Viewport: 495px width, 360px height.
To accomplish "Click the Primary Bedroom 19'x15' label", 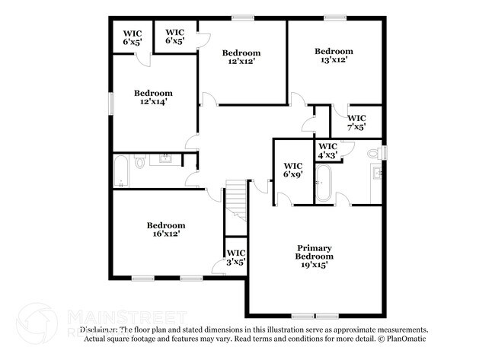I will [314, 252].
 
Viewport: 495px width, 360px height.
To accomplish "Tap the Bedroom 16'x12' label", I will [166, 230].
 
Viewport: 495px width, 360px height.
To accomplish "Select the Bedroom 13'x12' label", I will [334, 56].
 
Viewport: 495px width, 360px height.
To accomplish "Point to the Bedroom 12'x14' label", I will [152, 97].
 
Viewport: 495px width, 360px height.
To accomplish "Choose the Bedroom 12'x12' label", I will [241, 57].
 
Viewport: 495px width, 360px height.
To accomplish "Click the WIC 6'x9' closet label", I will [293, 170].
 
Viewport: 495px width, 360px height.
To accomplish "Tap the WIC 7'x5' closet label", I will [356, 123].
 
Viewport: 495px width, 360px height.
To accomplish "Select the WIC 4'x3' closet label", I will [327, 151].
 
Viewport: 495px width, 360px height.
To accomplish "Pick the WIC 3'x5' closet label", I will [235, 257].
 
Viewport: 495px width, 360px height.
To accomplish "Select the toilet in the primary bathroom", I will [374, 153].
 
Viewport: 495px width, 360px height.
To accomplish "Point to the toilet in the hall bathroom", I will [140, 162].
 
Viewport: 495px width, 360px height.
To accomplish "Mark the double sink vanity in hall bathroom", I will [164, 159].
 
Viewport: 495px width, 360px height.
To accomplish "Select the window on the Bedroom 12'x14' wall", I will [111, 100].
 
